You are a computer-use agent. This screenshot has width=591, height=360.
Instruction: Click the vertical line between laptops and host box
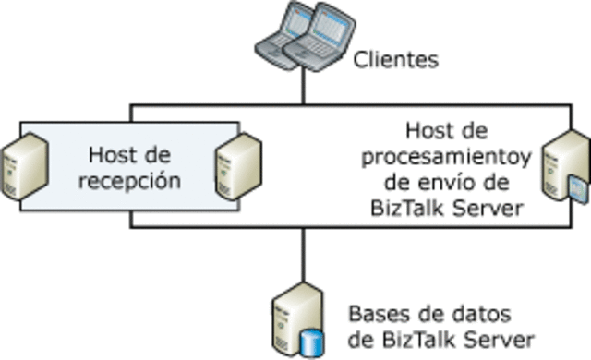point(303,88)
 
